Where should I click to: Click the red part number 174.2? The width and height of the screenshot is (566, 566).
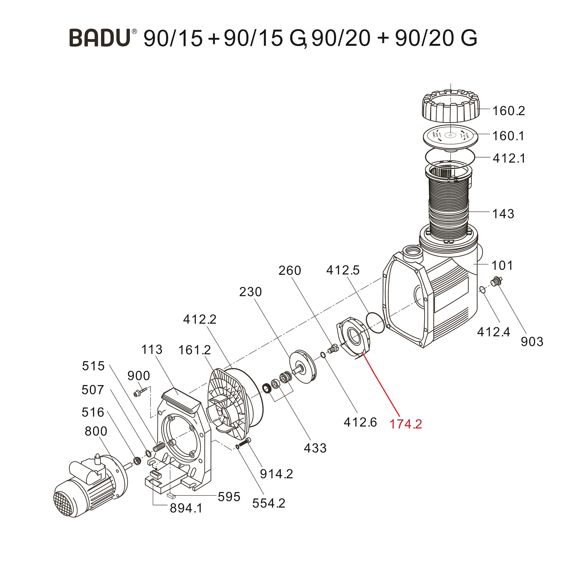[x=406, y=424]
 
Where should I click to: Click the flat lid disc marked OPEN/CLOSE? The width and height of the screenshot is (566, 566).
[x=450, y=136]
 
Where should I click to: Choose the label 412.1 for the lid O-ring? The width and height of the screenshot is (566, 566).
[x=509, y=158]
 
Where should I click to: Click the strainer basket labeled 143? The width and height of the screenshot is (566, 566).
[x=449, y=205]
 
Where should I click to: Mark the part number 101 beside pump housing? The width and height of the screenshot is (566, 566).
[x=502, y=265]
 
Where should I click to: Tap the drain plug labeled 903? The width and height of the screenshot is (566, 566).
[x=495, y=281]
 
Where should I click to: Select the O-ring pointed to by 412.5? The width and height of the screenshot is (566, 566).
[x=375, y=322]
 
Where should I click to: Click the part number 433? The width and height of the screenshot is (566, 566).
[x=315, y=448]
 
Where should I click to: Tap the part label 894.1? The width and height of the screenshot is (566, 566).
[x=186, y=516]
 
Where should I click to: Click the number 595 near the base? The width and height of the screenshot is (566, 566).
[x=229, y=497]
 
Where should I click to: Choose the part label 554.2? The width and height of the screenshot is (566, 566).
[x=269, y=503]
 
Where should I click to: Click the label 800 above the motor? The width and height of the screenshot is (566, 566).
[x=96, y=431]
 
